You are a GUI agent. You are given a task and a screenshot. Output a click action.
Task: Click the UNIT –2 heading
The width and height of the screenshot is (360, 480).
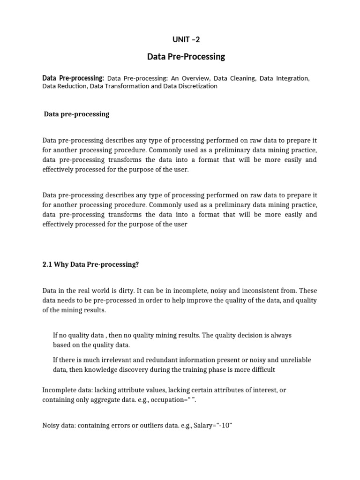tap(186, 39)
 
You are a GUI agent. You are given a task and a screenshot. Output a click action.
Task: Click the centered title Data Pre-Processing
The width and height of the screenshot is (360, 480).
tap(186, 57)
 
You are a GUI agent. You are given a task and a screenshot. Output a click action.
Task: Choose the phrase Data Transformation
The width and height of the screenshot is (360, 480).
tap(119, 86)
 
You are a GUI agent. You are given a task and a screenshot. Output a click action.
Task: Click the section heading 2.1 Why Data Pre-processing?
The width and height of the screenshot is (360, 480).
tap(91, 264)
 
